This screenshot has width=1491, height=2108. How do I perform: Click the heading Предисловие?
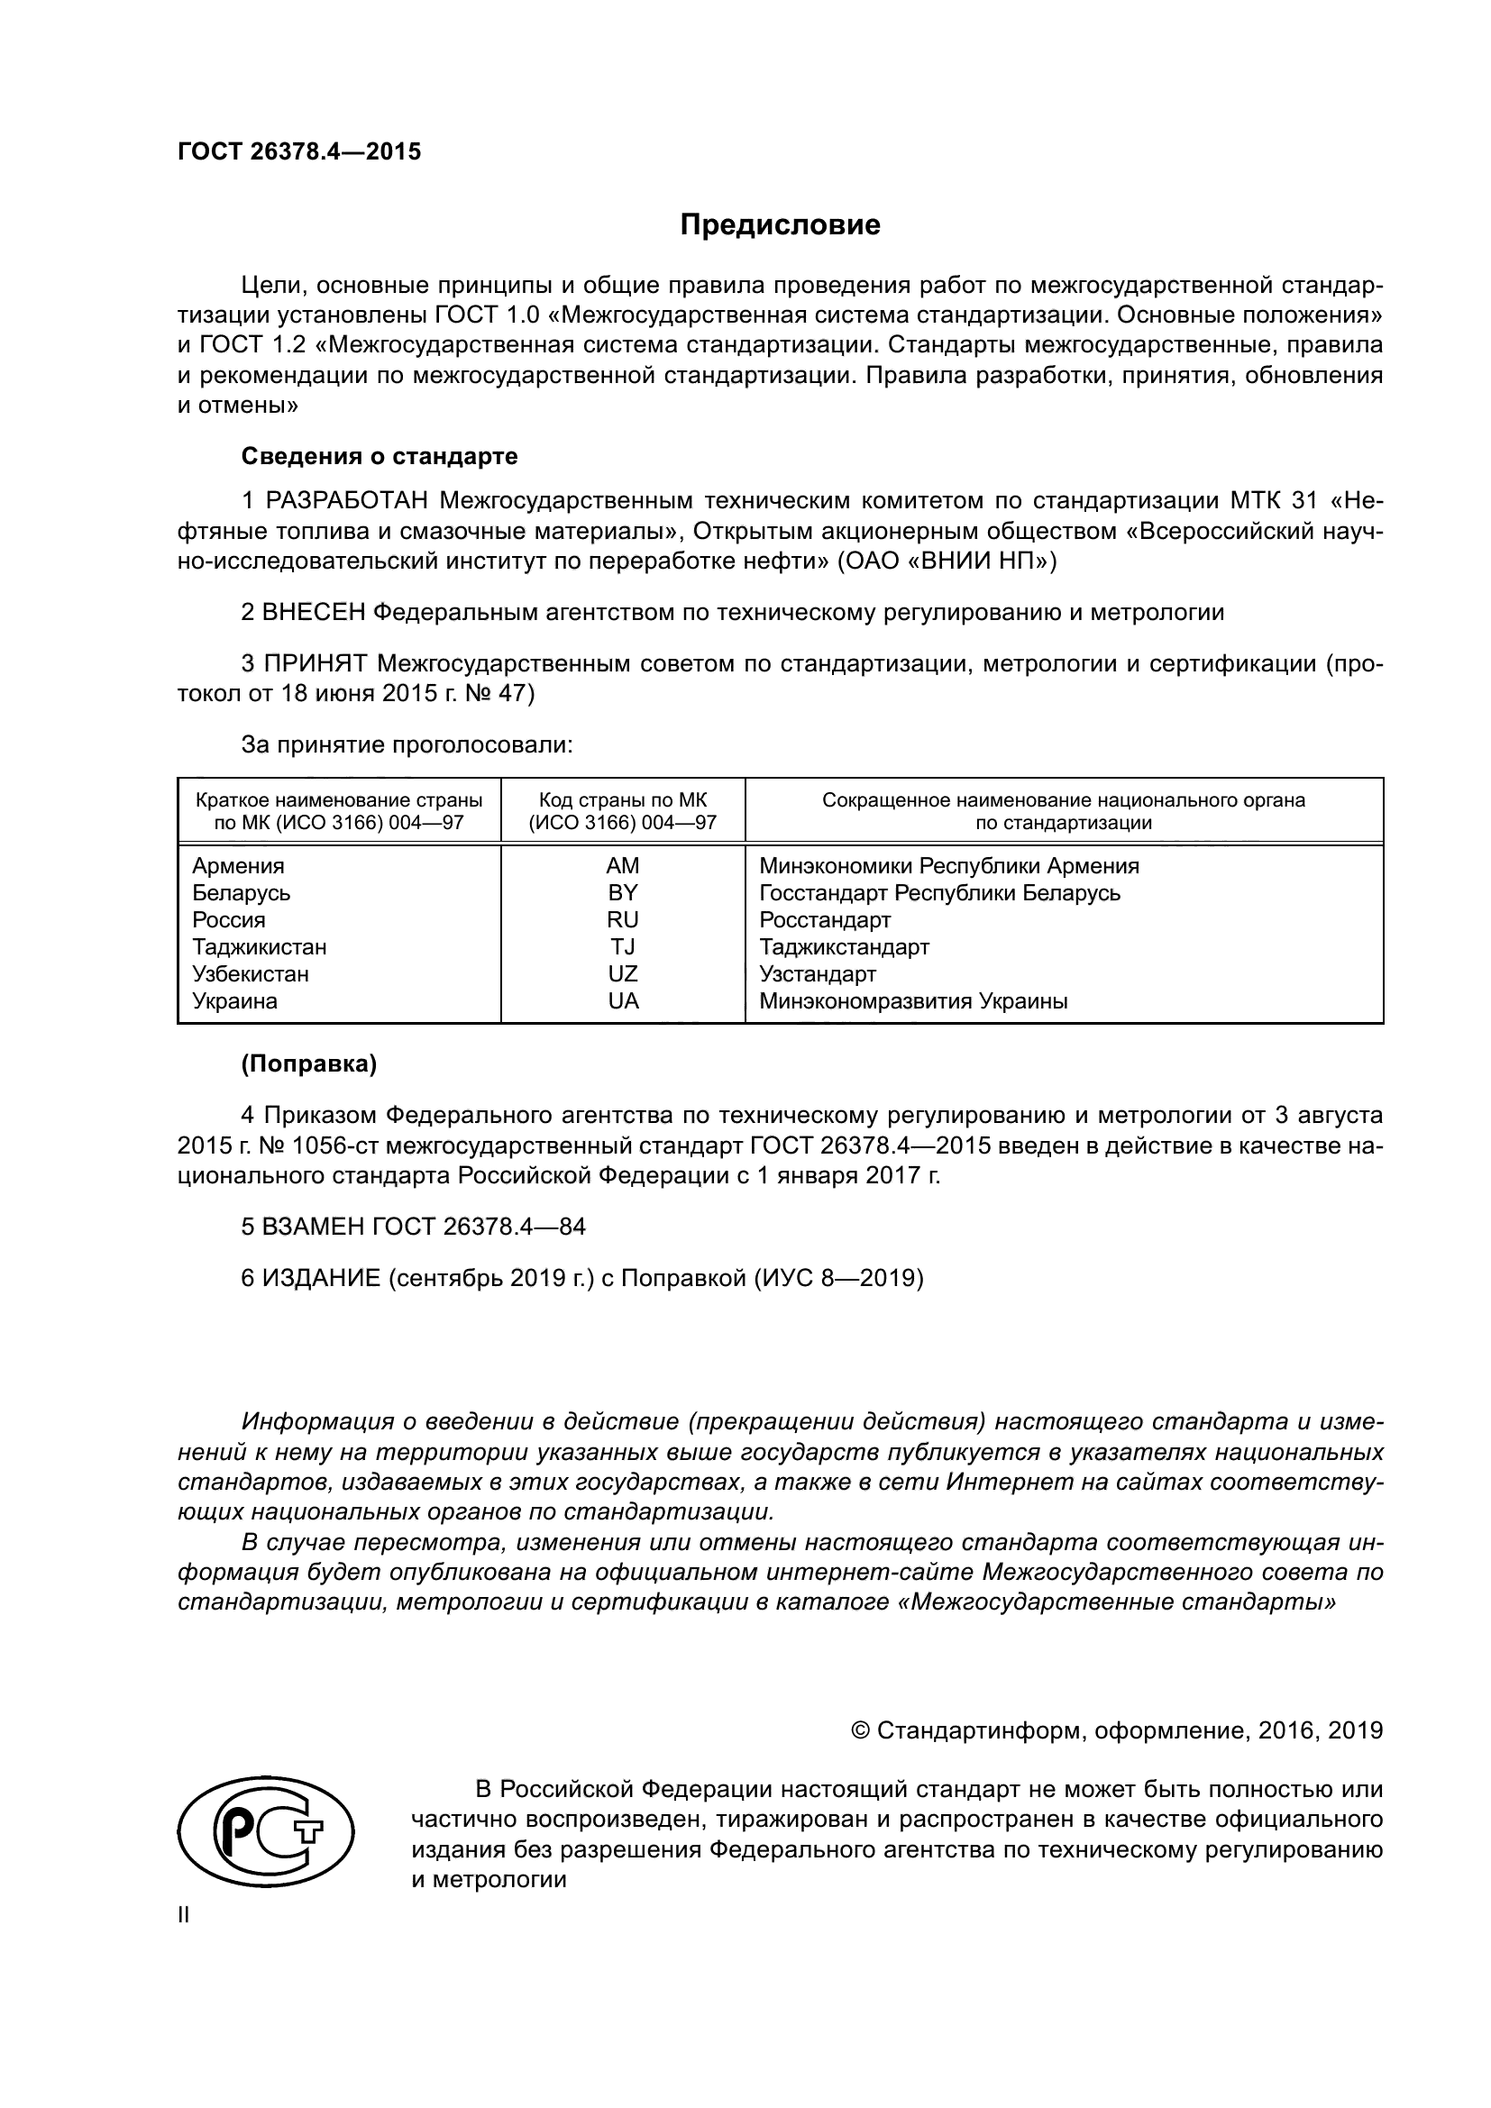click(x=780, y=225)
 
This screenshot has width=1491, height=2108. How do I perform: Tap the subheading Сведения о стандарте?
click(x=380, y=456)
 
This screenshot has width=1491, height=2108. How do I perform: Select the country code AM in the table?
click(x=623, y=866)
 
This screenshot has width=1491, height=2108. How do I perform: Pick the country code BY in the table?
click(x=623, y=892)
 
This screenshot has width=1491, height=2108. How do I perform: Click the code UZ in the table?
click(x=623, y=973)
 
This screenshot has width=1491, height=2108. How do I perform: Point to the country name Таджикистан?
click(x=259, y=946)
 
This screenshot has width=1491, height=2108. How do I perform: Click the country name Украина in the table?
click(x=234, y=1000)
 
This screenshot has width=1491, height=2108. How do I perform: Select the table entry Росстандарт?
click(x=825, y=920)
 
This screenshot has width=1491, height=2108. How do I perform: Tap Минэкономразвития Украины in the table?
click(x=912, y=1000)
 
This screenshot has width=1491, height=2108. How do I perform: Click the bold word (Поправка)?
click(x=309, y=1064)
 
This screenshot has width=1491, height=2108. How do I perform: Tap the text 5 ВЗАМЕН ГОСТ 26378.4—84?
click(x=413, y=1227)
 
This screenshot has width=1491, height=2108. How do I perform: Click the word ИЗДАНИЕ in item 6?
click(x=321, y=1278)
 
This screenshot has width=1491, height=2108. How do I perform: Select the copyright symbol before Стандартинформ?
click(x=861, y=1730)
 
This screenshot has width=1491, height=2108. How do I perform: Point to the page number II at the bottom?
click(x=184, y=1915)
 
